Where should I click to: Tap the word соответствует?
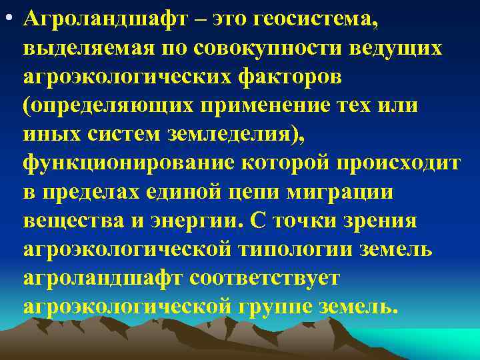[x=265, y=278]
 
